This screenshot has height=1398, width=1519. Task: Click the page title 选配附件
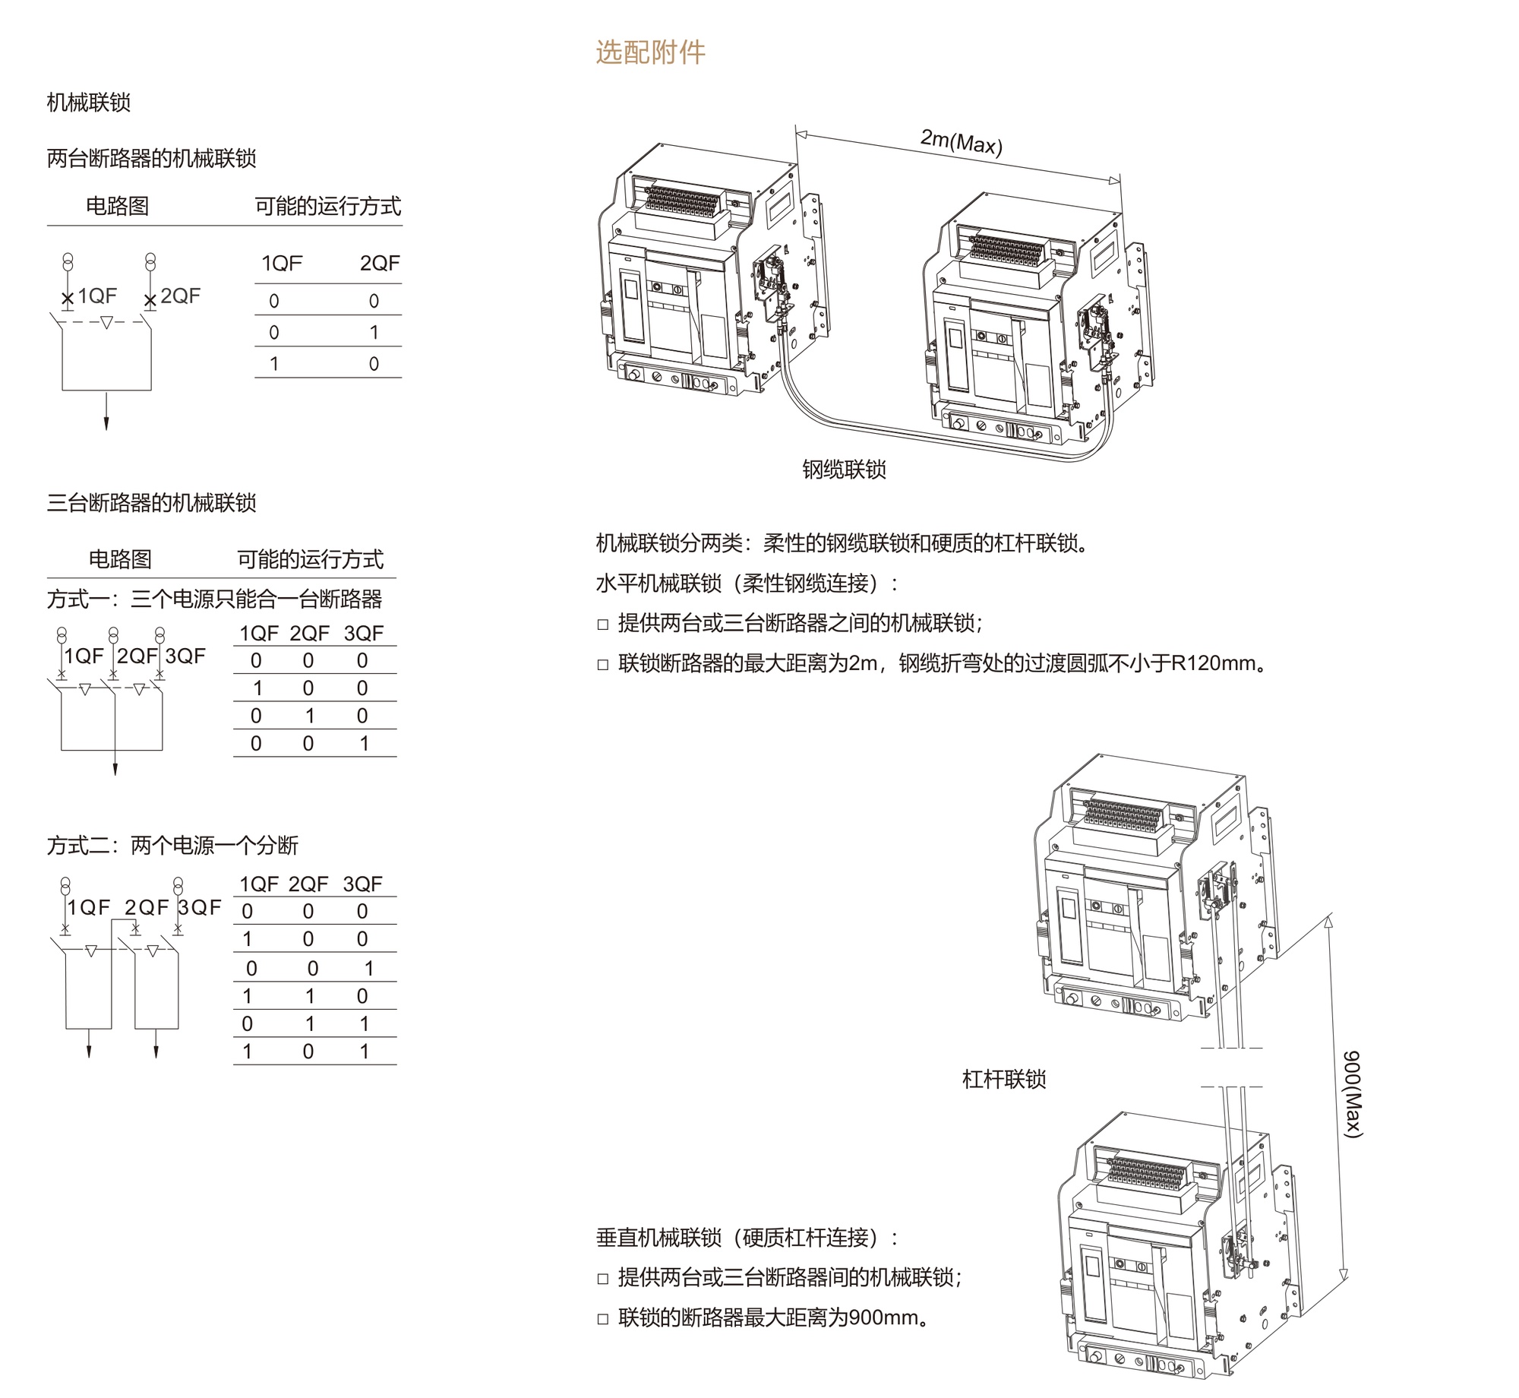(x=650, y=52)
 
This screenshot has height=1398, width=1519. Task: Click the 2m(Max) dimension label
(x=961, y=141)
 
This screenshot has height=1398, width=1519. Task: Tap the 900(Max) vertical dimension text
(x=1353, y=1094)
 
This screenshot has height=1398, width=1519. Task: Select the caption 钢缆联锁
(x=844, y=470)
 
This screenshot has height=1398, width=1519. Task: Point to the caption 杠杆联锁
(x=1004, y=1080)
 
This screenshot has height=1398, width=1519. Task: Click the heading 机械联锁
(x=89, y=103)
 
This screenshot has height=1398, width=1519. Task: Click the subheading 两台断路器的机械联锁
(x=151, y=159)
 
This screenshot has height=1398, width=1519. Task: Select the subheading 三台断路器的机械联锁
(x=151, y=503)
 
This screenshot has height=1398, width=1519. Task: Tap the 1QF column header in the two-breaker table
(x=282, y=264)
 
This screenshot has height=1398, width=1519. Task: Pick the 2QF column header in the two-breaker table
(x=379, y=264)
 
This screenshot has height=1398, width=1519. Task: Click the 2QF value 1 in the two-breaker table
(x=374, y=333)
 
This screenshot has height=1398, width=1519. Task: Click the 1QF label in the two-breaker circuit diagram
(x=97, y=296)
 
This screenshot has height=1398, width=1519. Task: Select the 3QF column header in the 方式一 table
(x=363, y=634)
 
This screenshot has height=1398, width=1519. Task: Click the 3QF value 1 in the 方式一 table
(x=364, y=743)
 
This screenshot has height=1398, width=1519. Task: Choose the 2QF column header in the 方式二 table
(x=308, y=884)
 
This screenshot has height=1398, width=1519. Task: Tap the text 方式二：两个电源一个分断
(x=172, y=846)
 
